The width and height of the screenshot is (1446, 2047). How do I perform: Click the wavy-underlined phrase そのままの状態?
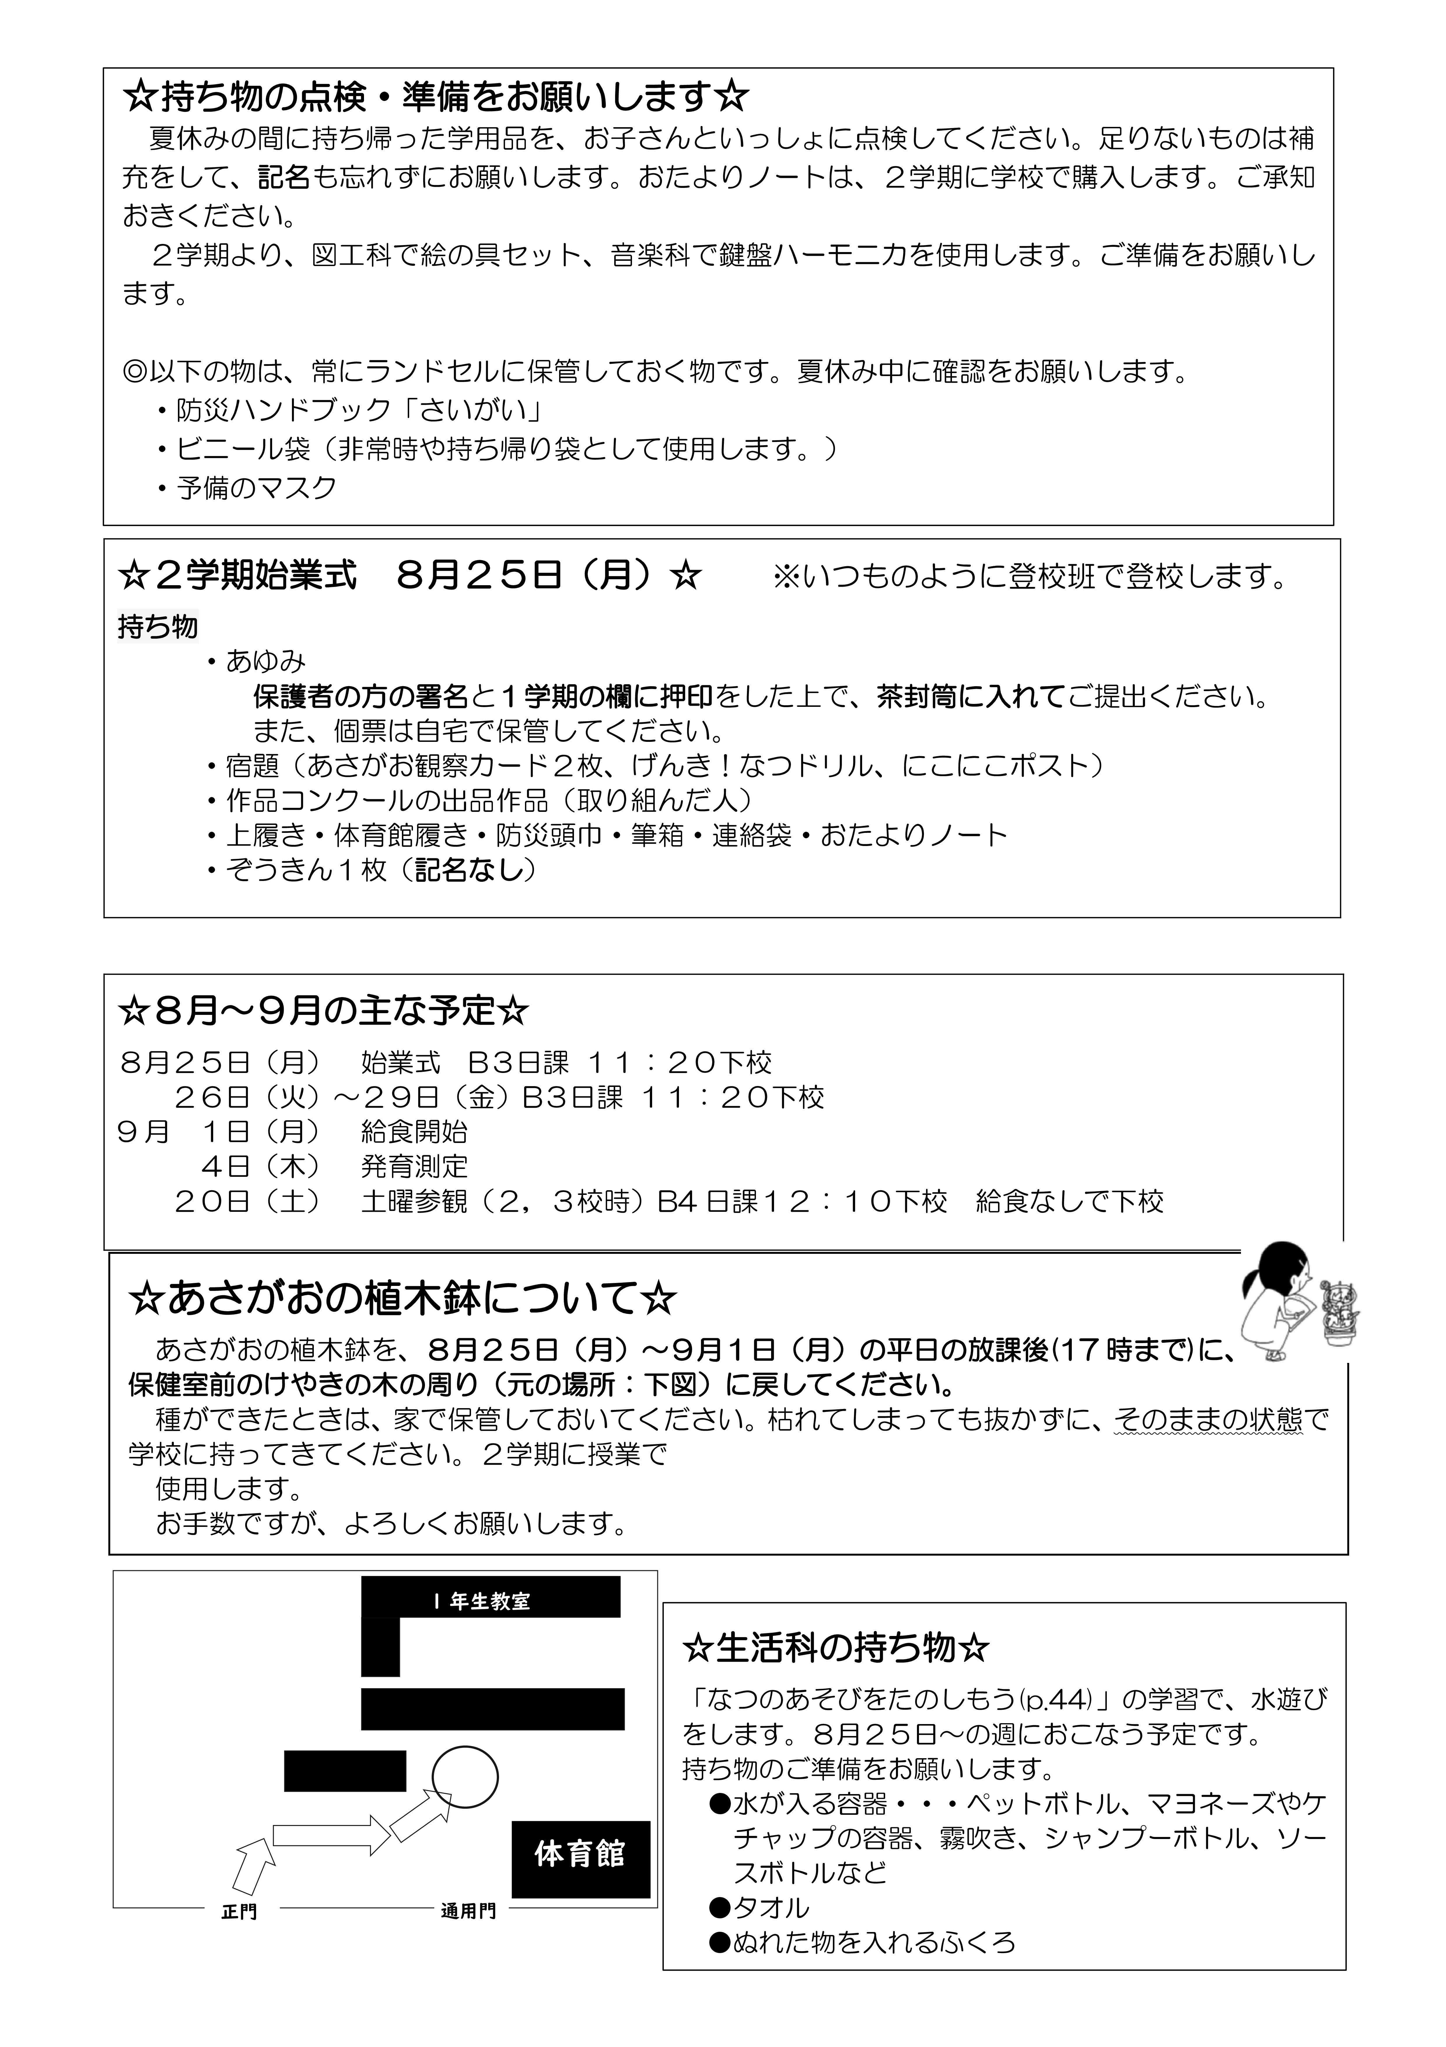click(x=1208, y=1419)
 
